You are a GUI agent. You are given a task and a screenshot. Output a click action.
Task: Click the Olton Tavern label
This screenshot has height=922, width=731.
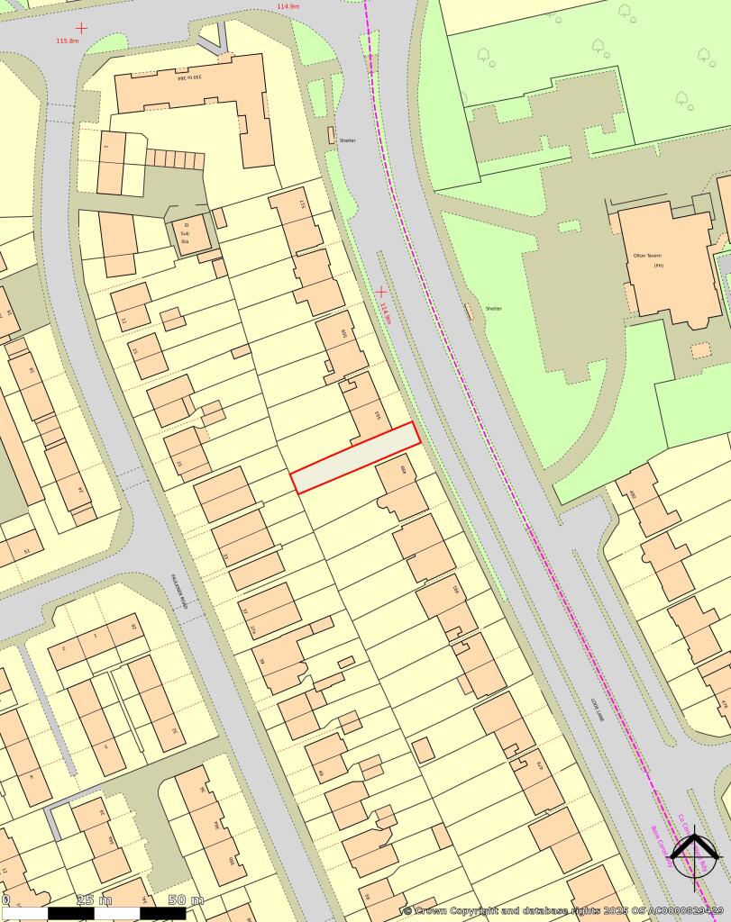click(x=648, y=256)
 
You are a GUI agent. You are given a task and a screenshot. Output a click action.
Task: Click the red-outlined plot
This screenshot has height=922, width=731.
click(x=355, y=457)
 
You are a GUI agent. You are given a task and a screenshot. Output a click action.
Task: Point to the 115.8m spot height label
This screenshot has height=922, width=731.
click(x=67, y=41)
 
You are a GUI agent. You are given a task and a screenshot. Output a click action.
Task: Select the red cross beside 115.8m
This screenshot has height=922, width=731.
click(x=82, y=28)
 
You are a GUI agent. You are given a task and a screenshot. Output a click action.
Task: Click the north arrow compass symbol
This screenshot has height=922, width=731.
click(x=695, y=852)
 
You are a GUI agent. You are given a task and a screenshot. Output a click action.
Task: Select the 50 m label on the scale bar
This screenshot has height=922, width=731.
click(x=186, y=899)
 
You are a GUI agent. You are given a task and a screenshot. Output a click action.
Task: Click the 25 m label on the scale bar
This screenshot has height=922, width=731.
click(x=94, y=899)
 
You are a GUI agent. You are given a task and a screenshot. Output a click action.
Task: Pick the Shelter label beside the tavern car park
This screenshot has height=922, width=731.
click(x=493, y=309)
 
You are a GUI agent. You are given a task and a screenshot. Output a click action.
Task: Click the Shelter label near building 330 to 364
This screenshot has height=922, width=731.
click(x=348, y=140)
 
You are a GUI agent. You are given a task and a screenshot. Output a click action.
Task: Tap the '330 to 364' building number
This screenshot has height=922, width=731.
click(x=189, y=78)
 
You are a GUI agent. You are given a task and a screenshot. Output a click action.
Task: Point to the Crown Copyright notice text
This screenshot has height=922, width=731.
click(x=563, y=910)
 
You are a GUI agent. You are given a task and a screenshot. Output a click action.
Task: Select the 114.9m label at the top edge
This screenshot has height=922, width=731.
click(x=288, y=6)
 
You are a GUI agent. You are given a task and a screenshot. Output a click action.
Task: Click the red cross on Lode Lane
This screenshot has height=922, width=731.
click(x=381, y=291)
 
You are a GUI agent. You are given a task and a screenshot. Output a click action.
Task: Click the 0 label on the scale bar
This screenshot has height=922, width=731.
click(x=5, y=899)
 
